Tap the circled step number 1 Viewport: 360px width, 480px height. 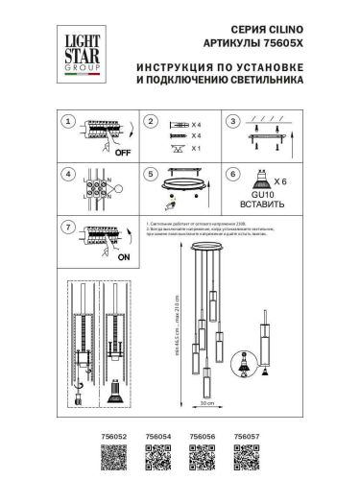pyautogui.click(x=66, y=122)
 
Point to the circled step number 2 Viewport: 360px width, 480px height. pyautogui.click(x=150, y=122)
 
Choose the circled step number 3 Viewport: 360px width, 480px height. pyautogui.click(x=232, y=122)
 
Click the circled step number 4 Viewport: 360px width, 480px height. pyautogui.click(x=66, y=175)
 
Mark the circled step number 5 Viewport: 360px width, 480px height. pyautogui.click(x=150, y=175)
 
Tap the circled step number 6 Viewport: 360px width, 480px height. pyautogui.click(x=232, y=175)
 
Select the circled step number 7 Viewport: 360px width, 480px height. pyautogui.click(x=66, y=228)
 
